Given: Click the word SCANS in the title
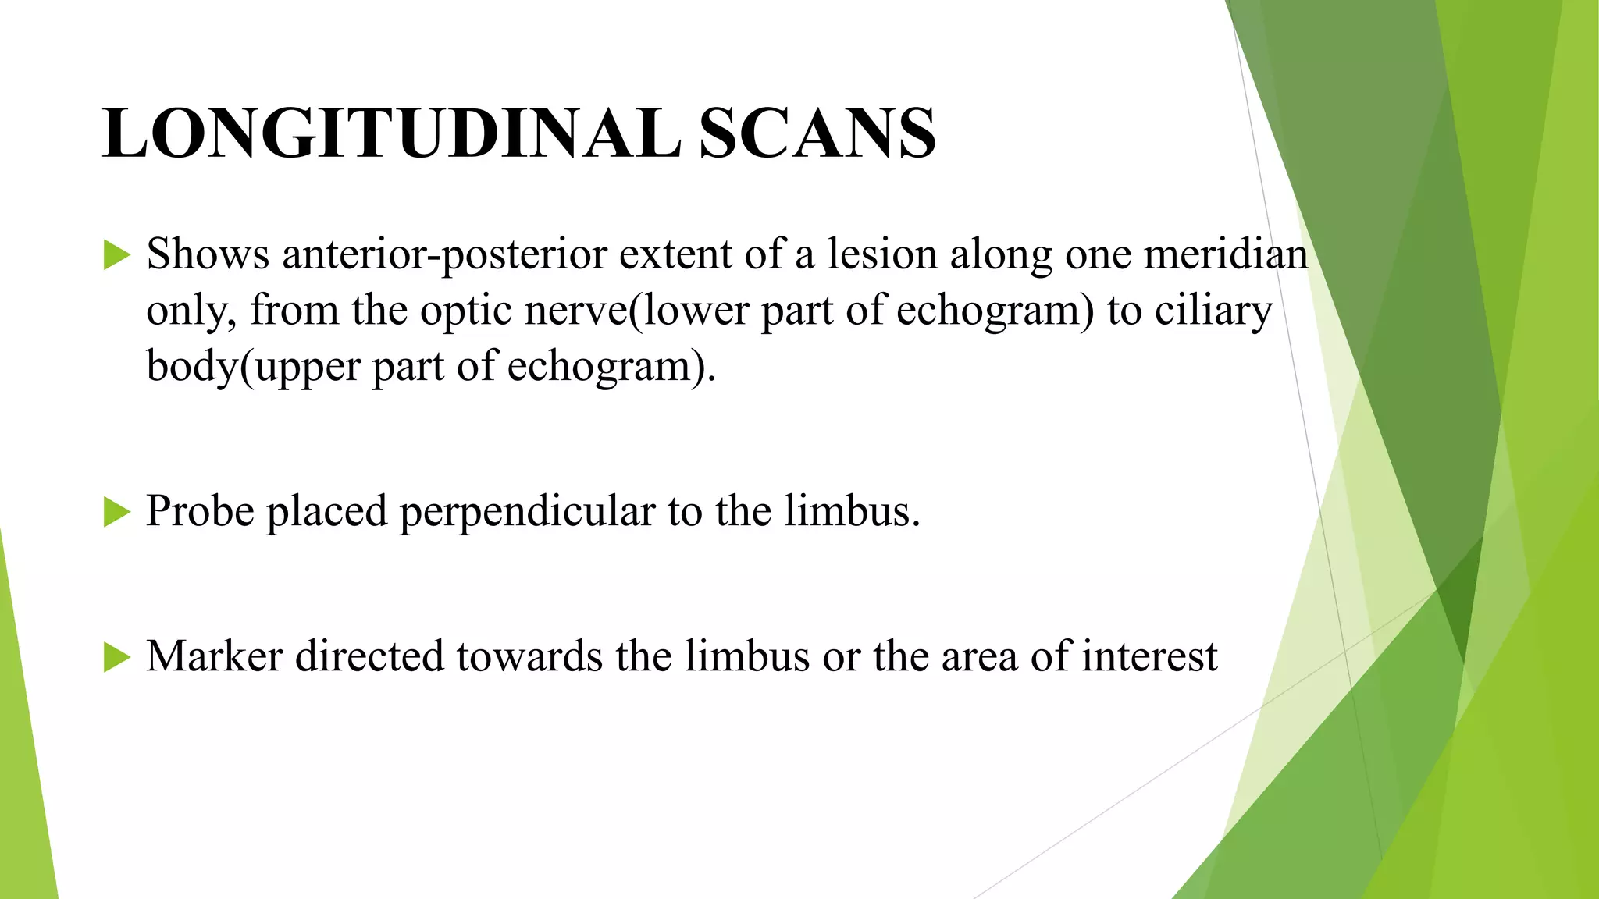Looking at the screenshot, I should coord(817,133).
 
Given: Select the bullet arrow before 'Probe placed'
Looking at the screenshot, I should coord(116,513).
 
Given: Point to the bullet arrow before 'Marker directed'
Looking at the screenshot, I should coord(116,657).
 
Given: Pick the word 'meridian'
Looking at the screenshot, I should coord(1226,254).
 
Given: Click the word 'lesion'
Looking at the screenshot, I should coord(882,254).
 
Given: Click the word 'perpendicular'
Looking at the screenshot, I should coord(527,513).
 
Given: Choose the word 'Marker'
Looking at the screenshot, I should coord(214,656).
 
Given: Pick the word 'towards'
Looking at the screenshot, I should coord(530,656).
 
